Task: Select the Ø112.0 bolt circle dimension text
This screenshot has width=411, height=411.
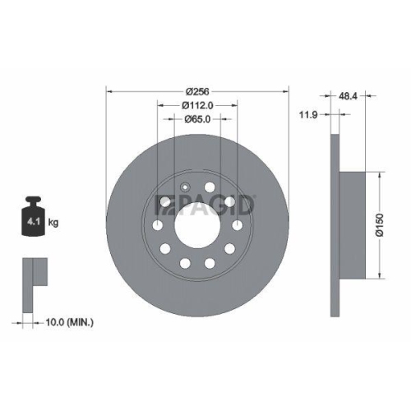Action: point(197,104)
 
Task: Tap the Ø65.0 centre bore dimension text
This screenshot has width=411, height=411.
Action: point(197,118)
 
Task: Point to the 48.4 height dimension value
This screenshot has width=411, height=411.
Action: point(348,95)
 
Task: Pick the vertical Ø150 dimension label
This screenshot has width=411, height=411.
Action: point(379,224)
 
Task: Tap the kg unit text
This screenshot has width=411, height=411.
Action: point(53,222)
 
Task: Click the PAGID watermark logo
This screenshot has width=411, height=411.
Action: point(206,201)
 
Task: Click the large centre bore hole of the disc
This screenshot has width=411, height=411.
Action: point(197,224)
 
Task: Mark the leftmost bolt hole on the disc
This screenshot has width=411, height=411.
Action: point(157,224)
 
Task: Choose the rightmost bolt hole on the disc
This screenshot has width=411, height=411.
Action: point(238,224)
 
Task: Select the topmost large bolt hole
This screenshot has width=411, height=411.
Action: point(210,187)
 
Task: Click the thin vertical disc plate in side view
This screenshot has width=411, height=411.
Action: point(333,224)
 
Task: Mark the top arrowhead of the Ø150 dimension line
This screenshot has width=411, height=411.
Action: point(379,173)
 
